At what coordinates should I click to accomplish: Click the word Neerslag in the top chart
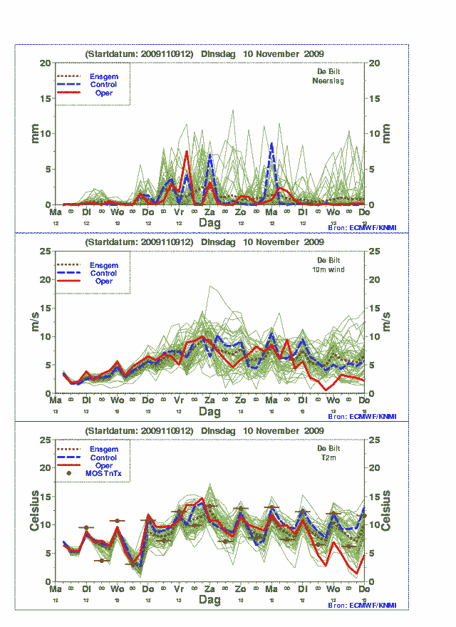(328, 81)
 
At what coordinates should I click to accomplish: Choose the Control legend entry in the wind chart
(104, 273)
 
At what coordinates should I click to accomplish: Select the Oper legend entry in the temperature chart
(104, 466)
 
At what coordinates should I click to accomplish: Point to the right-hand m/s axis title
(387, 322)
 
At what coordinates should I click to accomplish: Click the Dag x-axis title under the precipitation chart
(210, 222)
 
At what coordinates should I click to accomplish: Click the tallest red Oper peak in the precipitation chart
(187, 151)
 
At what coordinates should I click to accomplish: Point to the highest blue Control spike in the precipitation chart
(271, 143)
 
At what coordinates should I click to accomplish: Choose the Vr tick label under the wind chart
(180, 401)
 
